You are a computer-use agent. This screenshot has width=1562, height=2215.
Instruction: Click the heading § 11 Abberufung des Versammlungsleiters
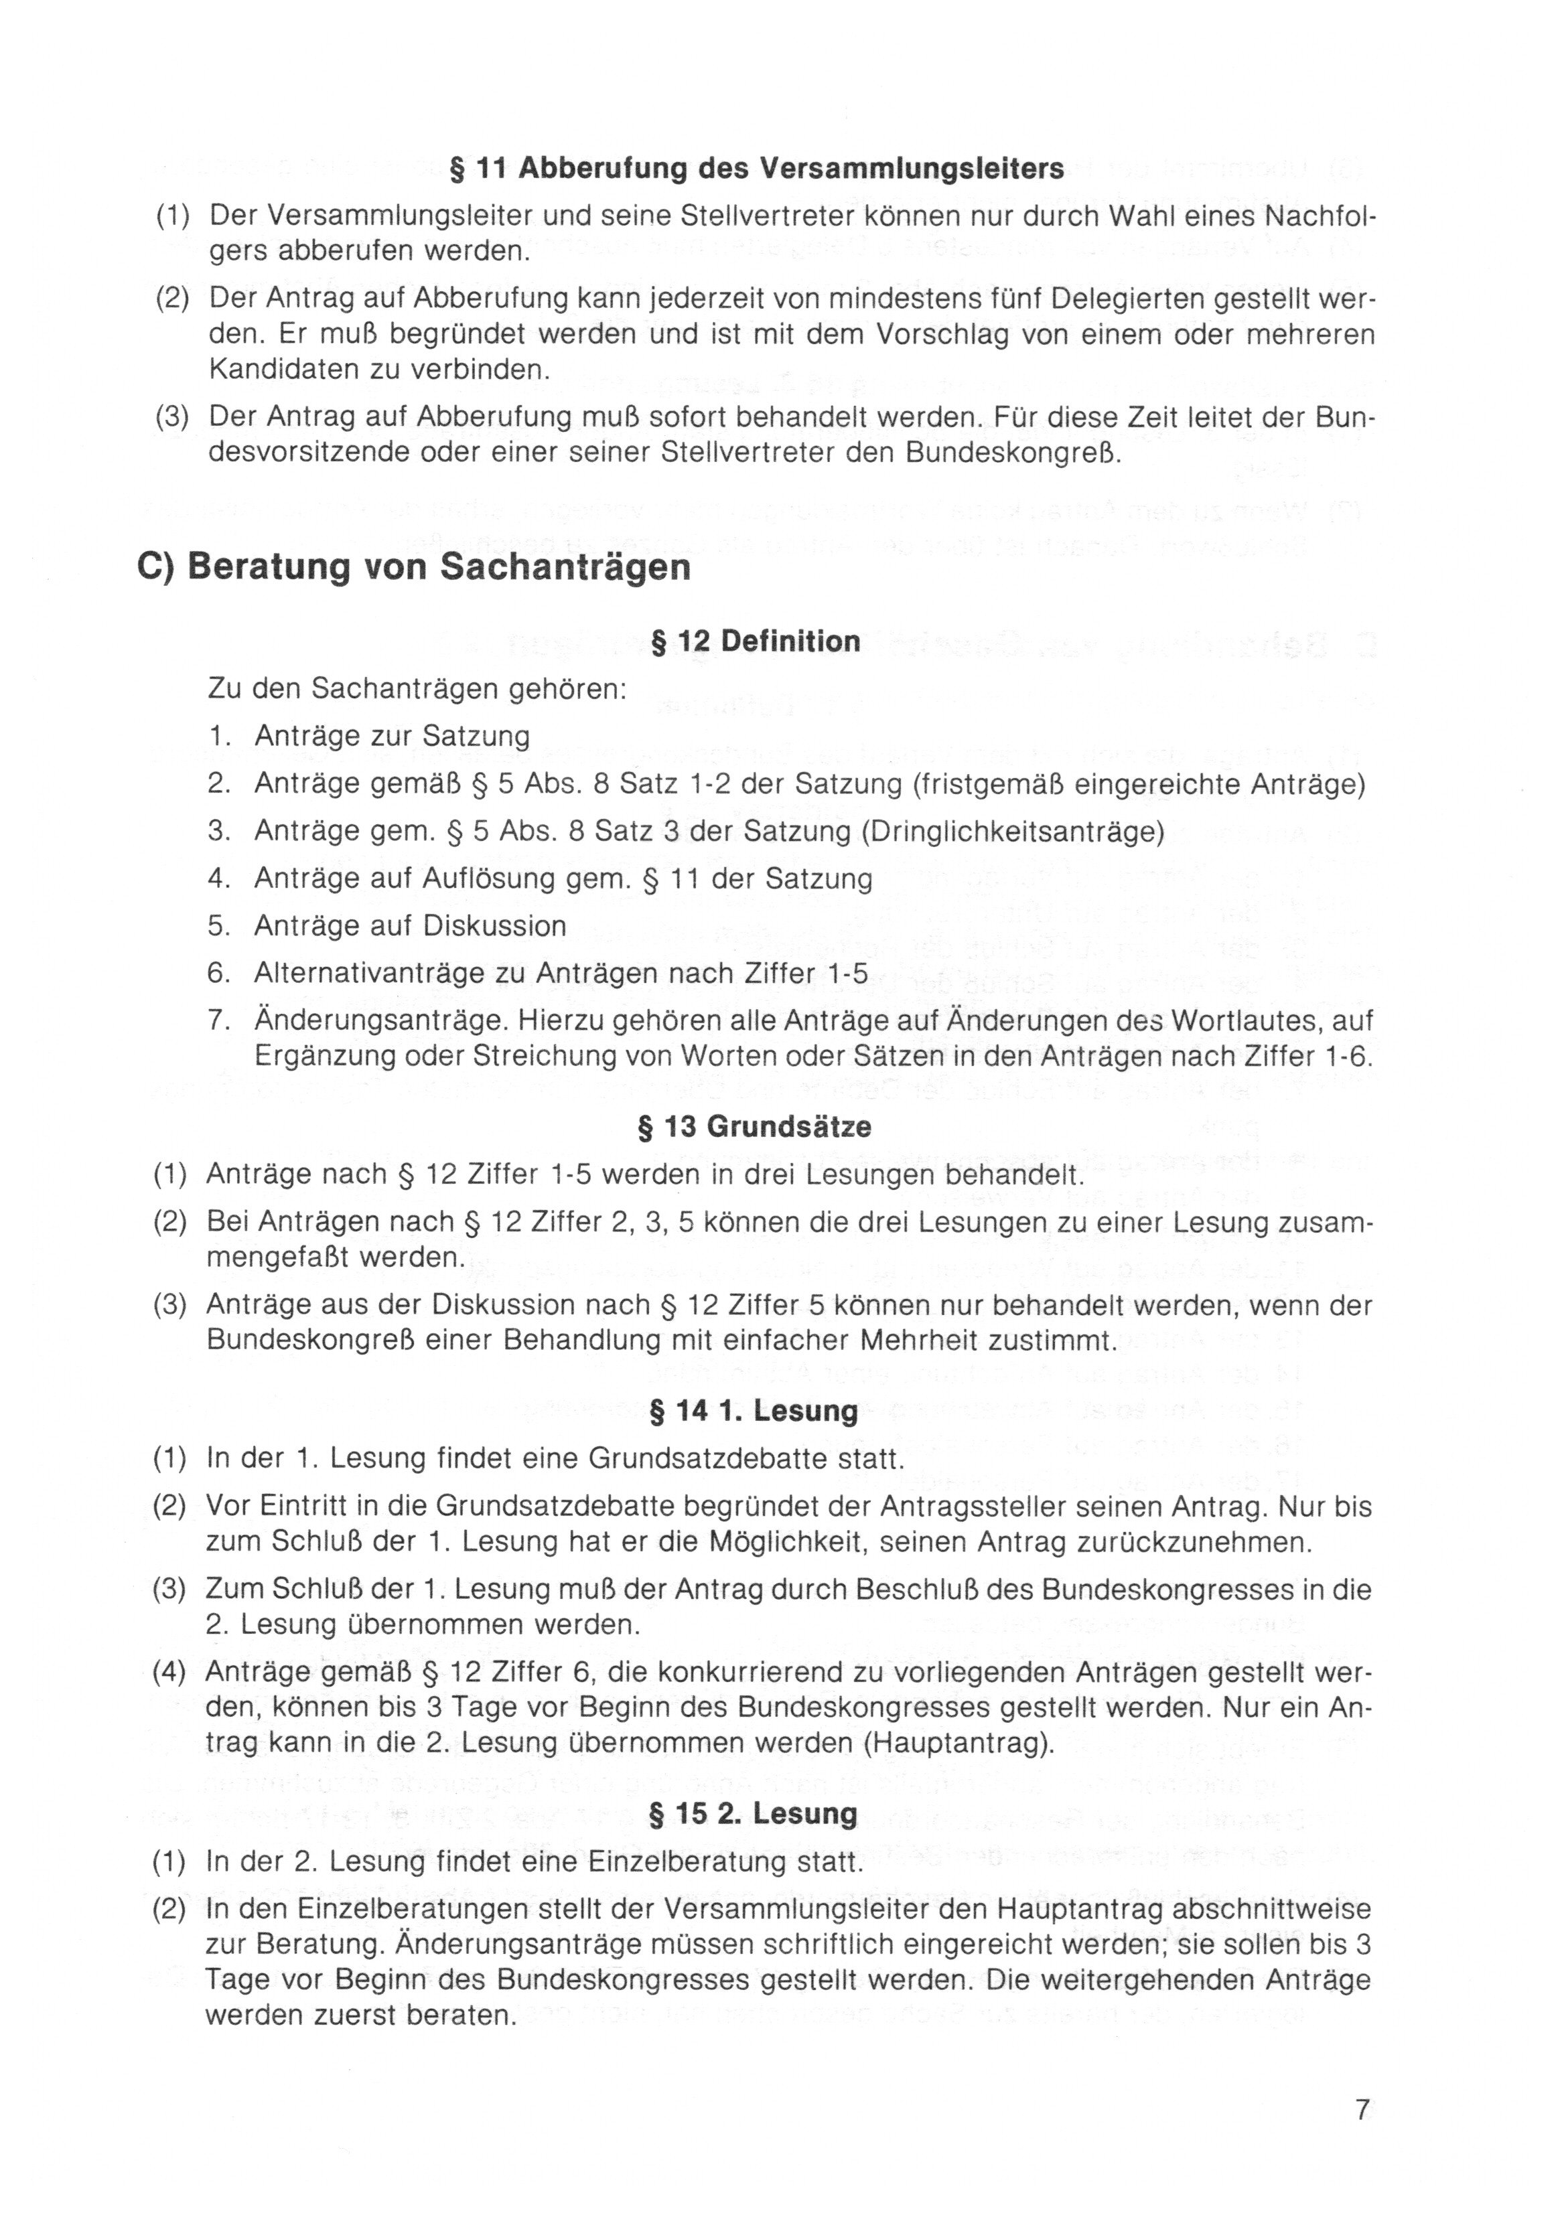click(x=758, y=169)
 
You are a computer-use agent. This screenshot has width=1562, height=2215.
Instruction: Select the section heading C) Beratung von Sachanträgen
click(x=414, y=566)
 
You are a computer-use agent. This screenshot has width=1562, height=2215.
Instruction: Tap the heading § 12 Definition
click(x=756, y=641)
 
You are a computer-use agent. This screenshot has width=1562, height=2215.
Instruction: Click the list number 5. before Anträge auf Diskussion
click(x=219, y=926)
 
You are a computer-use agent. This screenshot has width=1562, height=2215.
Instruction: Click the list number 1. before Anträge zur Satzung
click(x=219, y=736)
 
